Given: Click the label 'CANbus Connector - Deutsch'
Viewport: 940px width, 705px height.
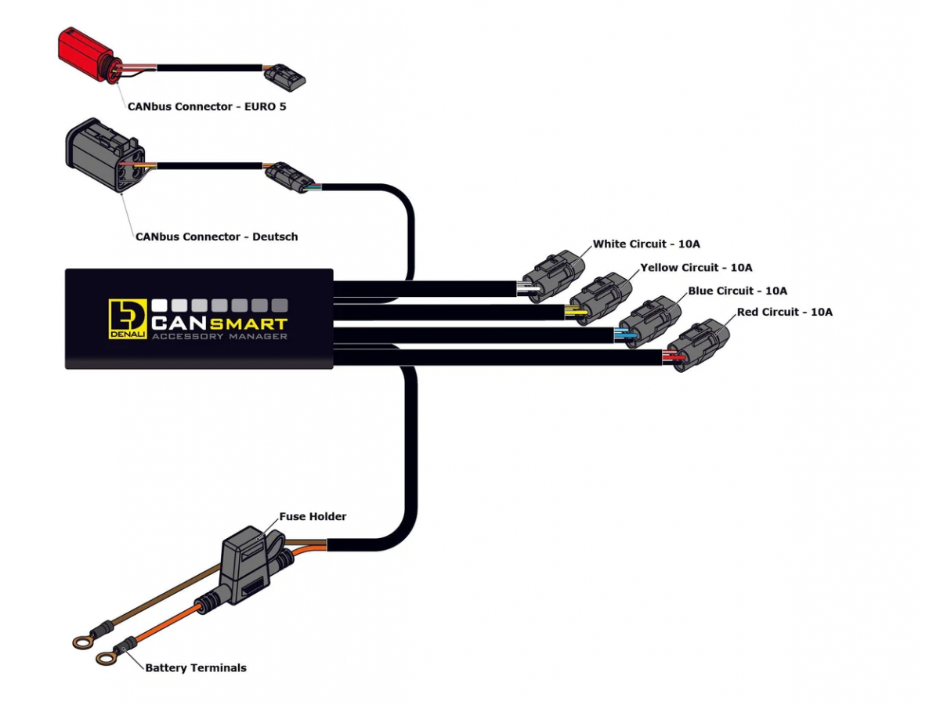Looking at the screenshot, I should [x=216, y=236].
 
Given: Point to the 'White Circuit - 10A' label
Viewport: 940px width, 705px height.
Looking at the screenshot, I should [x=646, y=244].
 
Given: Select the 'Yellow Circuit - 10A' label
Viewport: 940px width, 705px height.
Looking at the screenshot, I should [x=696, y=268].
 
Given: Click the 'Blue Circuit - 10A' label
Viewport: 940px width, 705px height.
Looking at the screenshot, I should [x=737, y=291].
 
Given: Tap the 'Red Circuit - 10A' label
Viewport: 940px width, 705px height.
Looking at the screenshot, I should [x=784, y=312].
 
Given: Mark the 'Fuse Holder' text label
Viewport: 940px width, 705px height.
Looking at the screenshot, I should [x=313, y=517].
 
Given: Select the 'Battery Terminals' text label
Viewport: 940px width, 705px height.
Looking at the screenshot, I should [x=196, y=668].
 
